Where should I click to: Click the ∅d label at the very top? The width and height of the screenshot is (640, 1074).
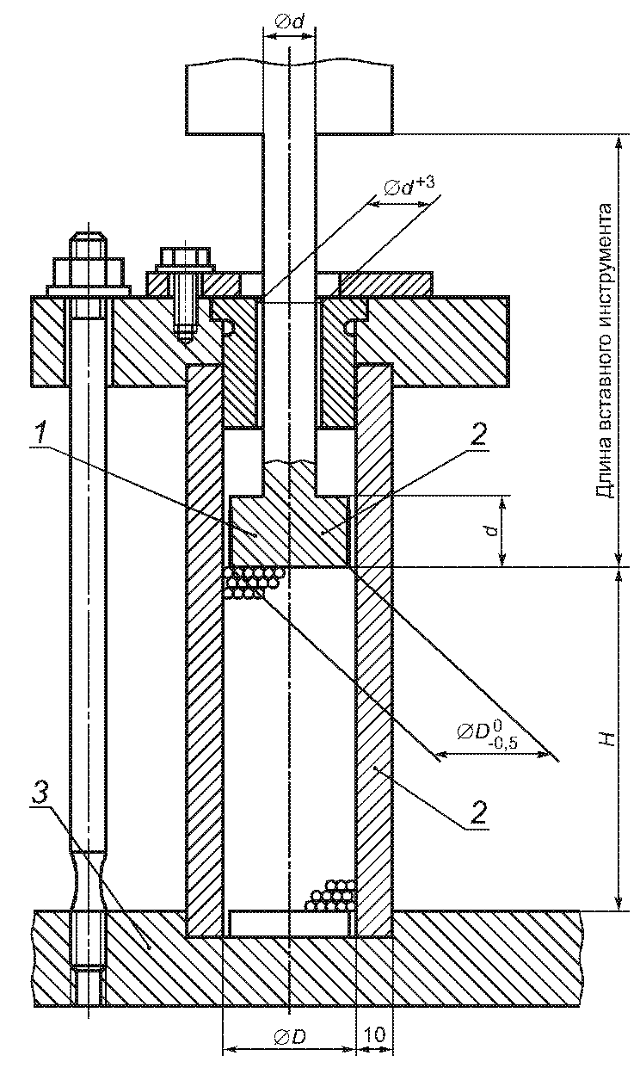click(290, 22)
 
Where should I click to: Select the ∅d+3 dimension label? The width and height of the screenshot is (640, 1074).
click(409, 188)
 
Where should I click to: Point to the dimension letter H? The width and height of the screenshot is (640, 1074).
click(607, 739)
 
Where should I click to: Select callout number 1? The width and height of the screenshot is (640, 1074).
click(44, 434)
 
